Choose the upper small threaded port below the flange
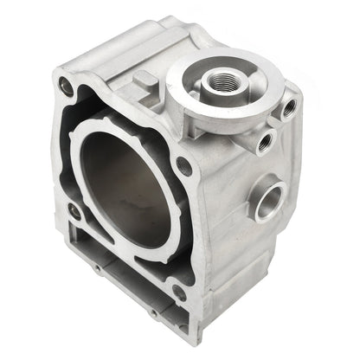[x=288, y=107]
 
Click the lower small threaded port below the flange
[x=263, y=141]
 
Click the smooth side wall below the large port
[x=260, y=260]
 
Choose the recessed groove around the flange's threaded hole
[x=209, y=78]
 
